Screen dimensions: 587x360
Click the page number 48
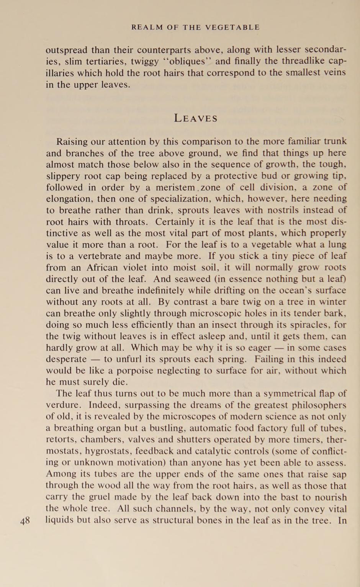click(x=25, y=521)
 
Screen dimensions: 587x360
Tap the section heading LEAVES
click(x=196, y=118)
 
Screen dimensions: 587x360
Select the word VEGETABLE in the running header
click(x=232, y=27)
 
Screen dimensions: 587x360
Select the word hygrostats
click(x=104, y=451)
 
